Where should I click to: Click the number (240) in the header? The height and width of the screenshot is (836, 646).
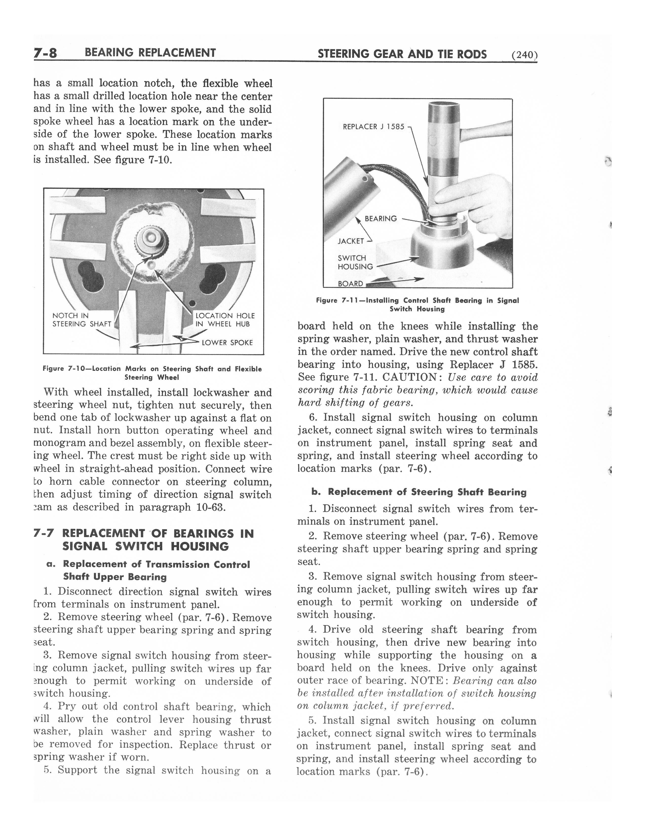[x=524, y=55]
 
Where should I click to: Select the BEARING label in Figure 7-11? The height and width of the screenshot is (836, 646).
[x=381, y=219]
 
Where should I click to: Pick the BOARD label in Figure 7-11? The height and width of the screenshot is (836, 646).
[x=350, y=284]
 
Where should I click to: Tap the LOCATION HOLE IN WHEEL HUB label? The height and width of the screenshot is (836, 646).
[x=225, y=320]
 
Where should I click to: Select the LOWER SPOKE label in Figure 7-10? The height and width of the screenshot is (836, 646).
[x=227, y=343]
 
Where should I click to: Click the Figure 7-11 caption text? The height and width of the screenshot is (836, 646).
[x=417, y=305]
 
